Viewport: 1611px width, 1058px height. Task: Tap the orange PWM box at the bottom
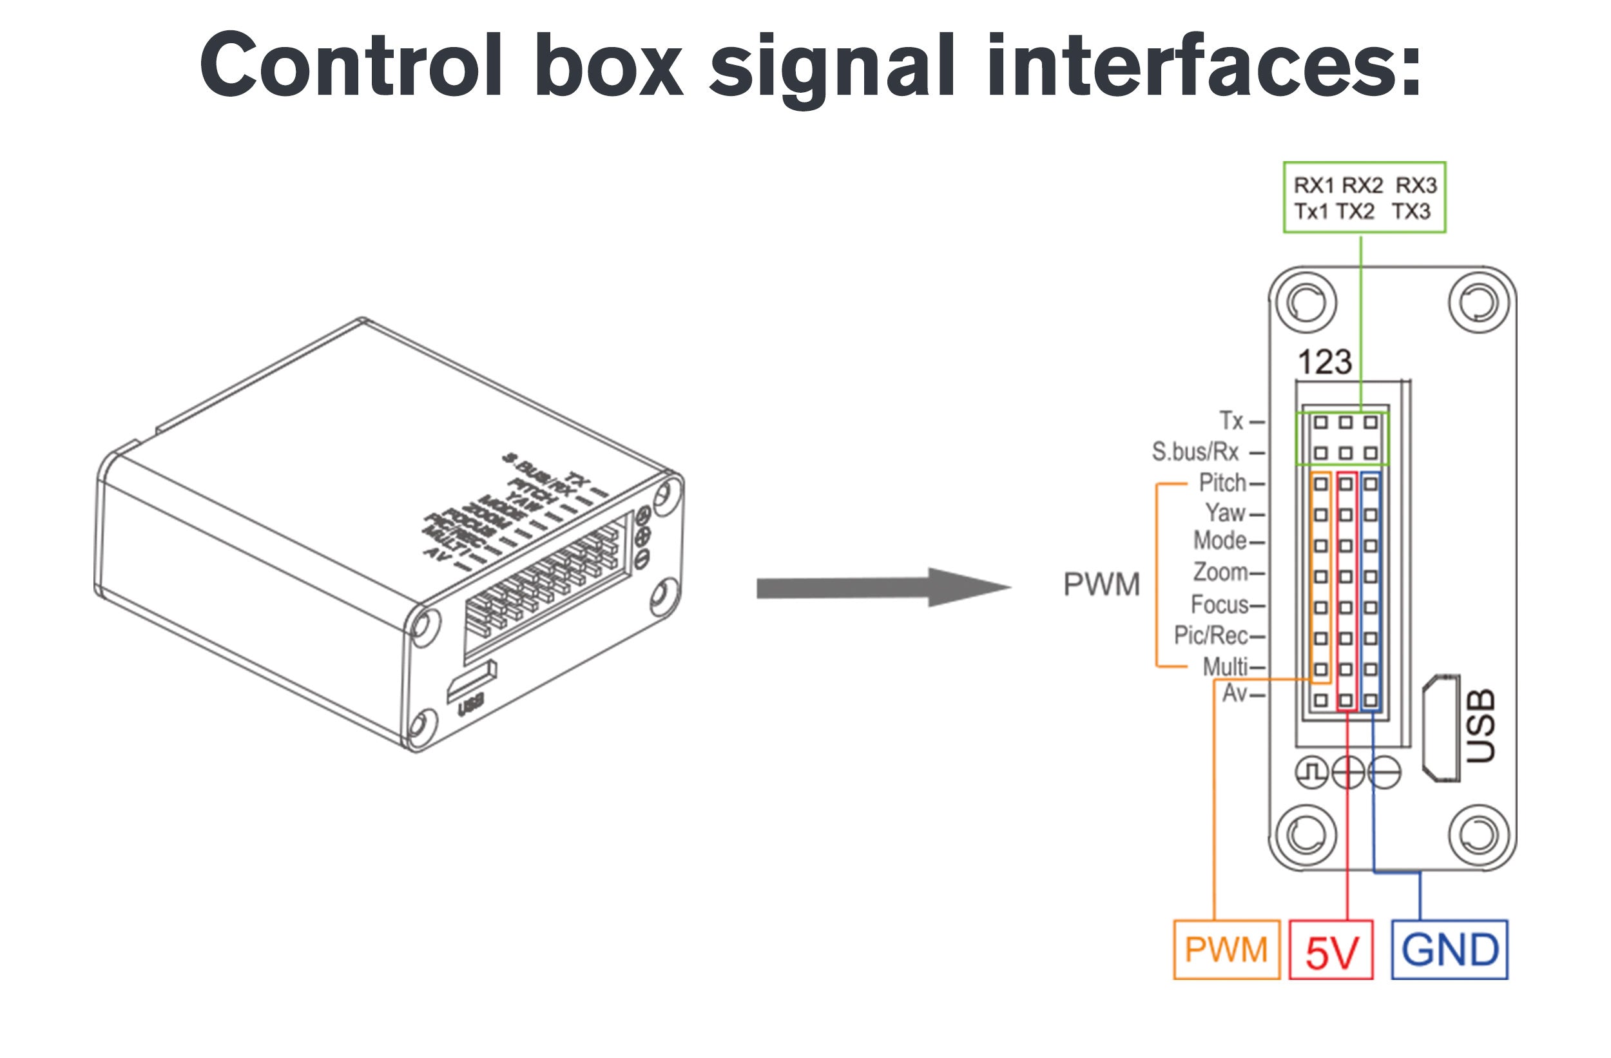1226,950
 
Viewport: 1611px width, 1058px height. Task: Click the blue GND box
1449,950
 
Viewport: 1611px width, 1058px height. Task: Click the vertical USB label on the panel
1481,726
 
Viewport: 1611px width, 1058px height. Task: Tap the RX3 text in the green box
1416,186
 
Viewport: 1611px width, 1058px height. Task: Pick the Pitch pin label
1222,483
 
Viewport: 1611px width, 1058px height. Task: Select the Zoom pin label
1220,573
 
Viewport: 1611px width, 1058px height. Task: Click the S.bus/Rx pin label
1195,452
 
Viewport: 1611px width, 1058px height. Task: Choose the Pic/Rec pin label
1211,635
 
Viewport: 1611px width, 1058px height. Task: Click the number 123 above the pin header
1325,362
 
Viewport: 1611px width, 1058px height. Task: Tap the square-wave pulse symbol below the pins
1312,773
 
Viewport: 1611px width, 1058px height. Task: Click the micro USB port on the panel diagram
1440,728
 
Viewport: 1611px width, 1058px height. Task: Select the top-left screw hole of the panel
1306,303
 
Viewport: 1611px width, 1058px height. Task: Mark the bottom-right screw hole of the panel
1479,834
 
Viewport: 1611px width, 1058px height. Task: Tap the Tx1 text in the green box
1311,212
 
